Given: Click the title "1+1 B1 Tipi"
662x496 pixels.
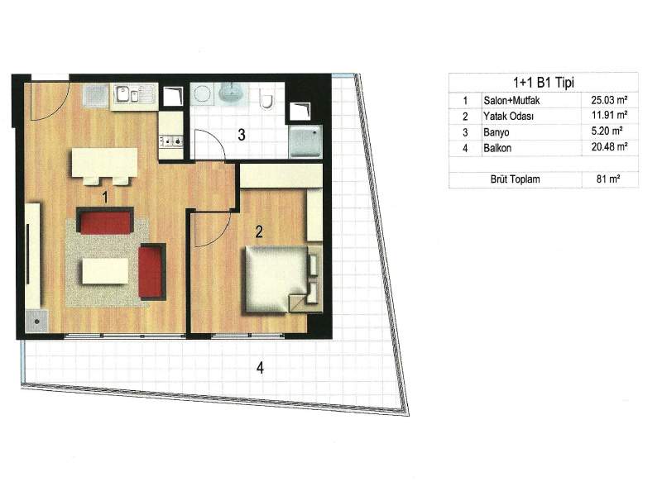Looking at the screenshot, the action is coord(544,83).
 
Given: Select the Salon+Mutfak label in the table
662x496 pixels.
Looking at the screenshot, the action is coord(511,101).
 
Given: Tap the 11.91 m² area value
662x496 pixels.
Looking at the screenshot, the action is coord(609,115).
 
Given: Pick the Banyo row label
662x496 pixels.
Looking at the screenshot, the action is coord(496,132).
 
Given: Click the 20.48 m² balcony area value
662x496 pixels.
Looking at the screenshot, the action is coord(609,147).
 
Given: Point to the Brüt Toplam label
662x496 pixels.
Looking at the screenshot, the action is coord(515,179).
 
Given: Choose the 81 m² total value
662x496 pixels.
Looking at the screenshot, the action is coord(608,179).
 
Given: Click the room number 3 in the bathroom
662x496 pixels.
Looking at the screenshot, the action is coord(242,135).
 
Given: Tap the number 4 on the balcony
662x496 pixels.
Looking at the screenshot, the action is coord(260,368).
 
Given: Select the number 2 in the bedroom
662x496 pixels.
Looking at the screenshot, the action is coord(259,231).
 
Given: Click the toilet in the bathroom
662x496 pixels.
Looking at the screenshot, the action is coord(266,98).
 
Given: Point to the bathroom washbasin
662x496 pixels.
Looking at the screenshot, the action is coord(231,93).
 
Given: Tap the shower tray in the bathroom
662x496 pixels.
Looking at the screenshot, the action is coord(305,141).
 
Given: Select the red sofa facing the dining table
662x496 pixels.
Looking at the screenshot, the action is coord(105,221).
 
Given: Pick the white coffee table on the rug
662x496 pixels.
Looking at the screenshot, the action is coord(105,271).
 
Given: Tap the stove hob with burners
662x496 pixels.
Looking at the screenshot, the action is coord(171,141).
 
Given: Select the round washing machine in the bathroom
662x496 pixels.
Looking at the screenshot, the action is coord(203,93).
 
